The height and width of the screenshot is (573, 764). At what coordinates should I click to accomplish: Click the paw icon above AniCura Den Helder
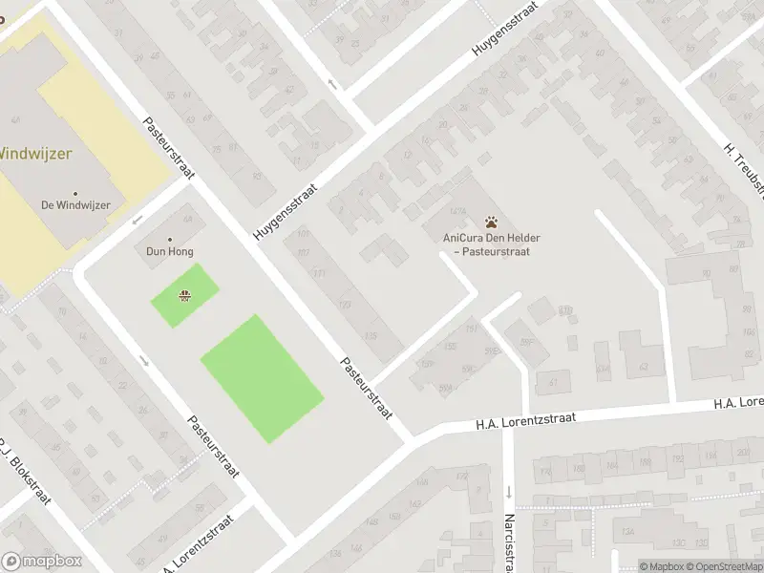tap(492, 221)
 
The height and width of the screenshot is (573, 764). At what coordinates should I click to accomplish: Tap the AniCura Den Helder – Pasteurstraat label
tap(486, 245)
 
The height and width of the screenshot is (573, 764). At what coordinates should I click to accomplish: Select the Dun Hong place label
tap(170, 252)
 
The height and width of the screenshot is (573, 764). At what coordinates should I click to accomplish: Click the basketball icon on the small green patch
tap(183, 295)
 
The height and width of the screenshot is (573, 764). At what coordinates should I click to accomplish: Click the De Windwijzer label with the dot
tap(75, 205)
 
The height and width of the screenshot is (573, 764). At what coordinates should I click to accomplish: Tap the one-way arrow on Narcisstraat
tap(509, 492)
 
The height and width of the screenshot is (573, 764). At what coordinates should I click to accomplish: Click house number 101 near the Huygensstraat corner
tap(304, 234)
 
